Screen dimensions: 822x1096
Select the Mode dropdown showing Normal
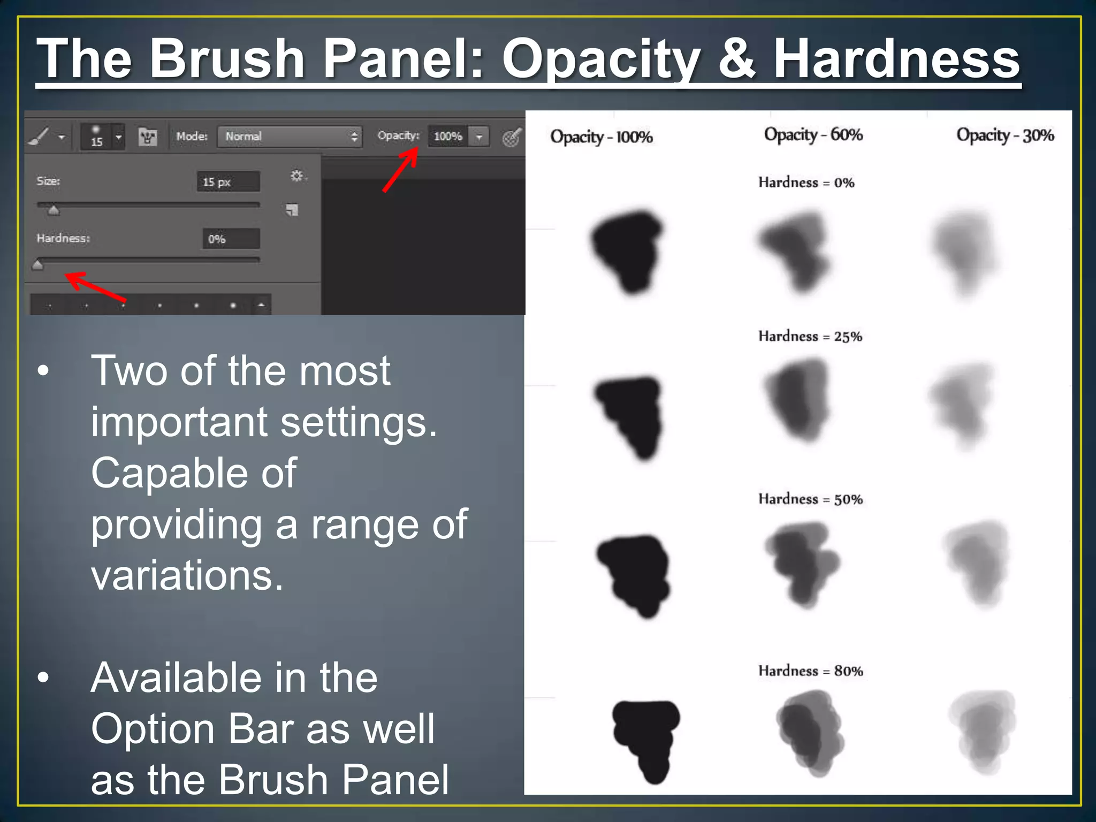coord(290,136)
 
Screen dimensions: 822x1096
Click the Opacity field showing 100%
coord(448,136)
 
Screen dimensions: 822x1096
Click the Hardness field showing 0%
coord(231,239)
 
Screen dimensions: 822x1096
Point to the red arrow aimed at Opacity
coord(400,170)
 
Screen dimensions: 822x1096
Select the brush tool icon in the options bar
coord(40,137)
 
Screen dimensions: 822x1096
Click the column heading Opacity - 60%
coord(813,134)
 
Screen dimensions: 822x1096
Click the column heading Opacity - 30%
coord(1004,135)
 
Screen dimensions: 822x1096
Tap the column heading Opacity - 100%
coord(601,137)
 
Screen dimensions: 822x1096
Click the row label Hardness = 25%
coord(810,336)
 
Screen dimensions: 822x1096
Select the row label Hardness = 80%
coord(810,671)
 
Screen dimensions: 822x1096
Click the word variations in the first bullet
coord(187,575)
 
